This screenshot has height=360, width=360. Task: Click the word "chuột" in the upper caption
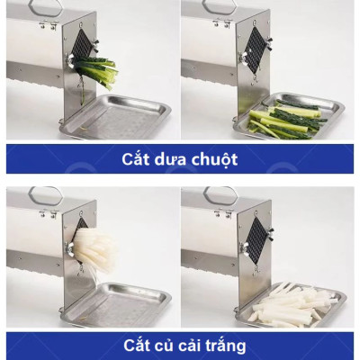tap(213, 160)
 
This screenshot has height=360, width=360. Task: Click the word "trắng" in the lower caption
tap(224, 345)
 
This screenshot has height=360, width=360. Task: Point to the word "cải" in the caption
tap(187, 345)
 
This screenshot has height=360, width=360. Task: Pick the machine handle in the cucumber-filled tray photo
tap(216, 7)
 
